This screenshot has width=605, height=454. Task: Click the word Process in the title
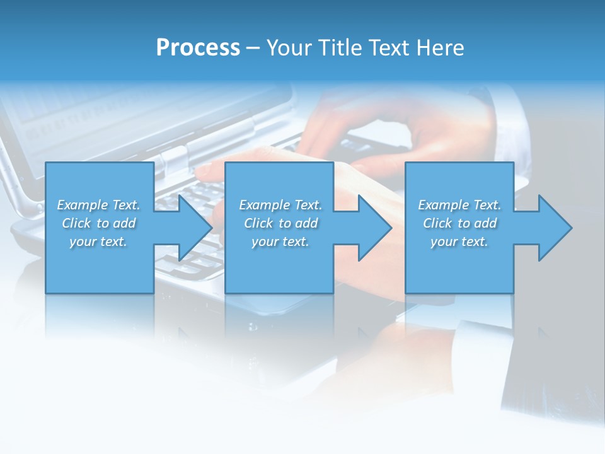(198, 48)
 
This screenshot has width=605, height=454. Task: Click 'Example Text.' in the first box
(98, 205)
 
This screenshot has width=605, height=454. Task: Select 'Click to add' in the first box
(98, 223)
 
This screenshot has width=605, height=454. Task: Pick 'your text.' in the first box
(98, 242)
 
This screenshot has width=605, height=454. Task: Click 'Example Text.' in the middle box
(280, 205)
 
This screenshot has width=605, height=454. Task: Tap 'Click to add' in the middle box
(280, 223)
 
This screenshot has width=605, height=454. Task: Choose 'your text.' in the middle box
(280, 242)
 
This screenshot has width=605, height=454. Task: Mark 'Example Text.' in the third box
(459, 205)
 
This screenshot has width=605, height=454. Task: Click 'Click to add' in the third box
(459, 223)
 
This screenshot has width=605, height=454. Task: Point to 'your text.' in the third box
(459, 242)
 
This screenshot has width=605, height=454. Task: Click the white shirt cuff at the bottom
(482, 344)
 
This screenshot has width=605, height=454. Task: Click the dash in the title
(253, 49)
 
